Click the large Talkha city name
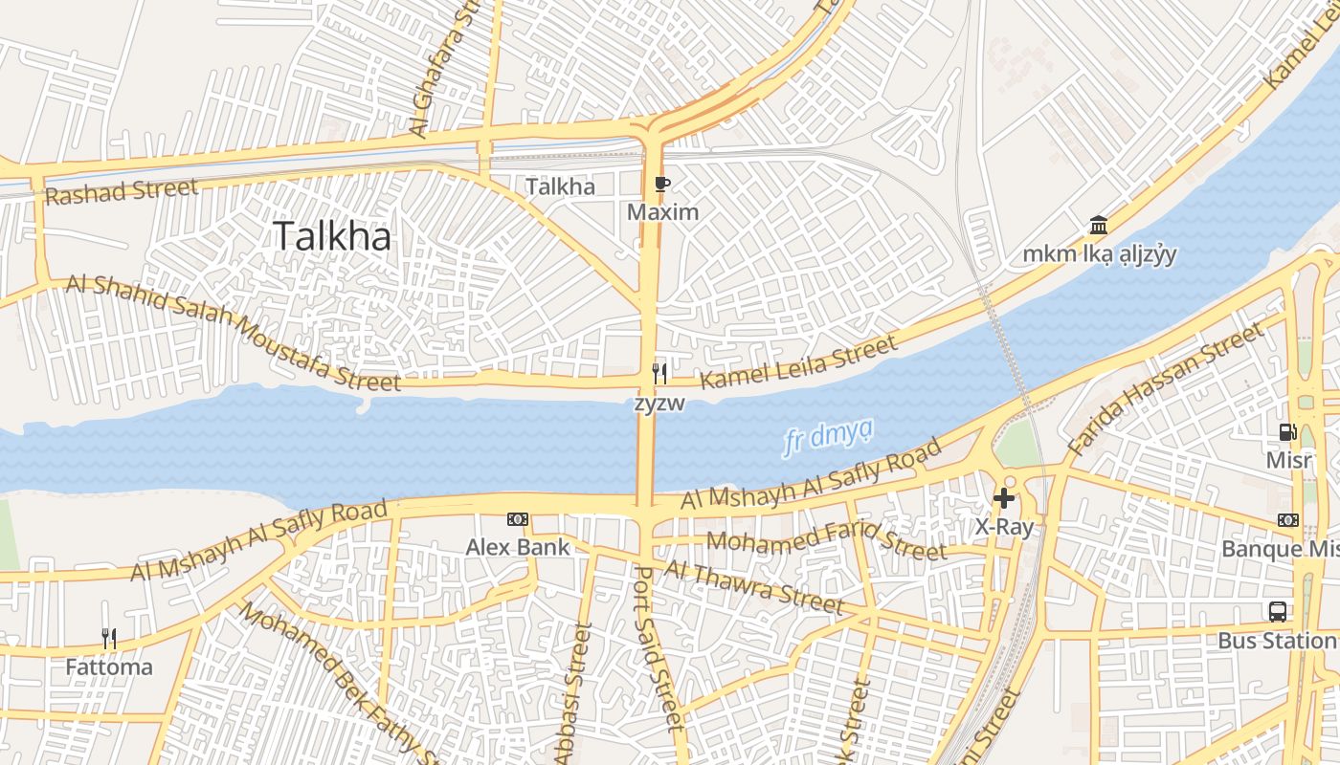[x=332, y=236]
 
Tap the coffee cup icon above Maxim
[x=662, y=185]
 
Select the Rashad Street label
[x=121, y=190]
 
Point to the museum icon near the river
[x=1099, y=226]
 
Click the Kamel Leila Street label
[x=799, y=361]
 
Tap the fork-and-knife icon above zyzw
[x=659, y=373]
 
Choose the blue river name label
[x=828, y=437]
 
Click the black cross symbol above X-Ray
[x=1003, y=497]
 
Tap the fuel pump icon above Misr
[x=1288, y=431]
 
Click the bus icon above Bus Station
[x=1277, y=611]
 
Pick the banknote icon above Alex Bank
[x=518, y=519]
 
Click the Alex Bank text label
[x=518, y=547]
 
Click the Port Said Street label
[x=660, y=647]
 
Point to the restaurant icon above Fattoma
[x=109, y=638]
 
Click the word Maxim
[x=662, y=212]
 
